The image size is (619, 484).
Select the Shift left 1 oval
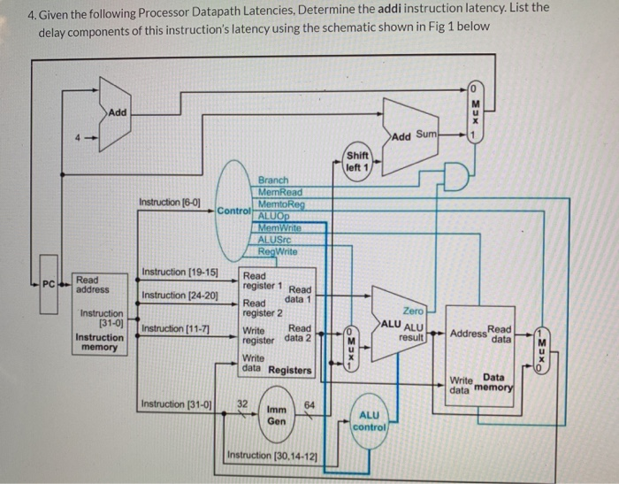coord(357,163)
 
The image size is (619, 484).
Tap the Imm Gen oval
coord(277,417)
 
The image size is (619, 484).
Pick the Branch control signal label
coord(273,180)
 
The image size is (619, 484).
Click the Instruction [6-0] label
coord(170,202)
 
